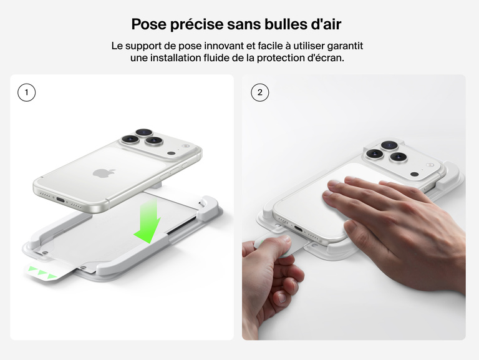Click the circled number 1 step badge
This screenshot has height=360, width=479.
coord(26,93)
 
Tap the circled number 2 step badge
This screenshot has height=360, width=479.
coord(259,93)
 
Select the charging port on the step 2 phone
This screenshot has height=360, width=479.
coord(298,229)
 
